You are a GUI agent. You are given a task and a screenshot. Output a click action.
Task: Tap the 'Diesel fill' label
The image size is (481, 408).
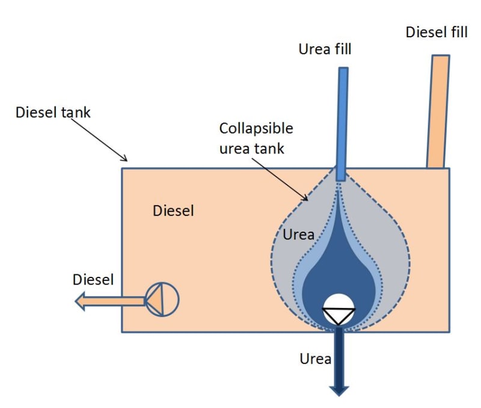(436, 32)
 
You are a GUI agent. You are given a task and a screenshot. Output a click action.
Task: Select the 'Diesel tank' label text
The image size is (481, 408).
(53, 113)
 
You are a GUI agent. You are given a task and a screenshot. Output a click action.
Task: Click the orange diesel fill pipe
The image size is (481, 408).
(437, 111)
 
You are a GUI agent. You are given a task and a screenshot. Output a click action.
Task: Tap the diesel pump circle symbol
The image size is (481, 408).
(162, 299)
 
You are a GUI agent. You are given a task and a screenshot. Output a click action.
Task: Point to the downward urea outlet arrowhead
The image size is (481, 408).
(339, 389)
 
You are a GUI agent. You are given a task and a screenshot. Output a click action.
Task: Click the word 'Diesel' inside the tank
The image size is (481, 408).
(173, 211)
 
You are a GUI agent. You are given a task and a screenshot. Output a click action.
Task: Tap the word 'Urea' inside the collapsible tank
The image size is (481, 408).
(299, 235)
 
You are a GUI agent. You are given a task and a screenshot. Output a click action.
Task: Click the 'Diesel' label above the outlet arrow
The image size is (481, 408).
(93, 280)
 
